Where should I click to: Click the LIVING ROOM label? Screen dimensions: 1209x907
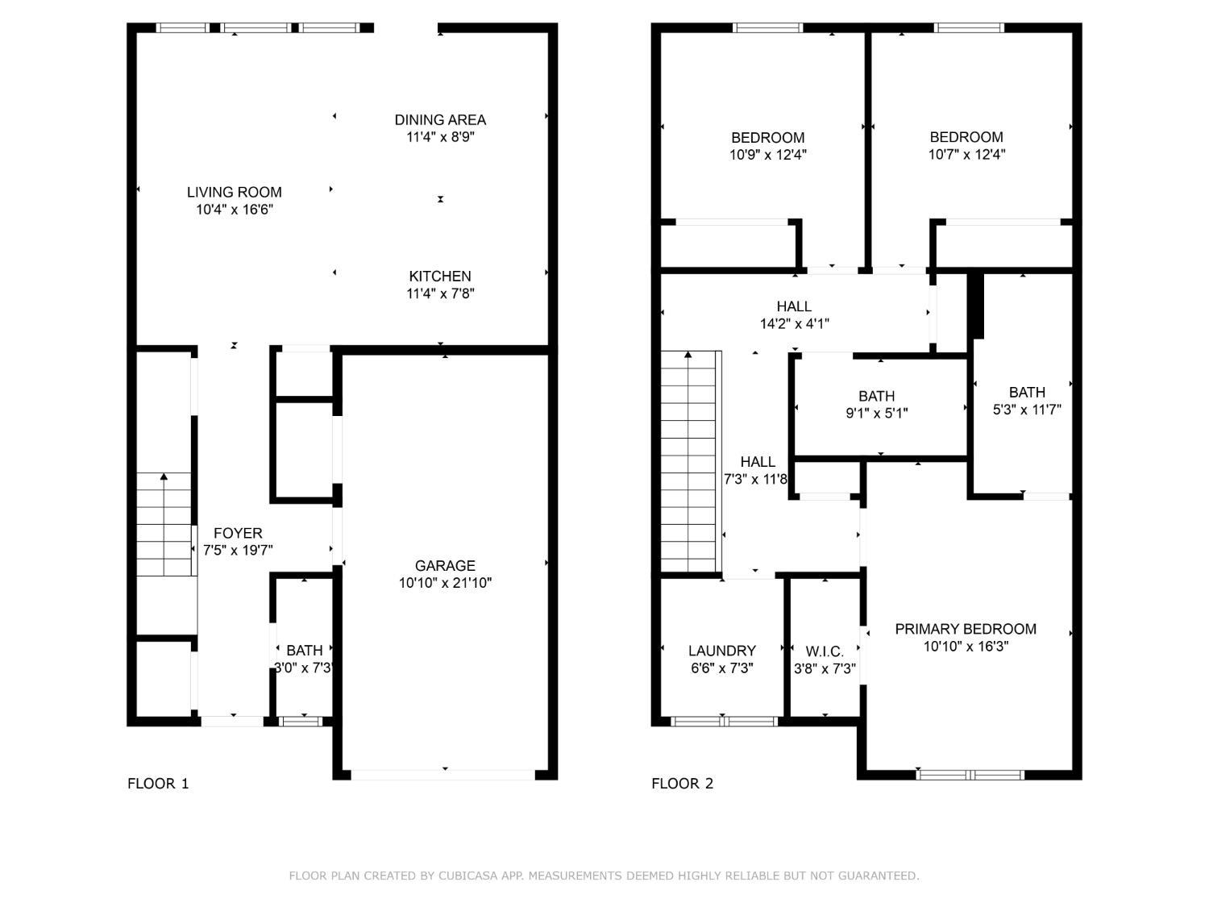tap(234, 192)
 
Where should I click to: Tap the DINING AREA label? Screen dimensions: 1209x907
tap(440, 120)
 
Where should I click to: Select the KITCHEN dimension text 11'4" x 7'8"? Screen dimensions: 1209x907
tap(440, 293)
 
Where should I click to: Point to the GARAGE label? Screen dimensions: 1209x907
tap(445, 566)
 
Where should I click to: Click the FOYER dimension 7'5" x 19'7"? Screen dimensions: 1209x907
tap(238, 550)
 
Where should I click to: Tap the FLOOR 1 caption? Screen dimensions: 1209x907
tap(158, 784)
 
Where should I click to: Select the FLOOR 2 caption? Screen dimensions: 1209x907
tap(683, 784)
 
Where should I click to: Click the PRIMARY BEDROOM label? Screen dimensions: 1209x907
tap(966, 629)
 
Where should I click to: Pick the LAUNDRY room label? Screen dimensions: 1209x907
tap(722, 651)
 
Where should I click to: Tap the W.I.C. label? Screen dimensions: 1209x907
tap(825, 652)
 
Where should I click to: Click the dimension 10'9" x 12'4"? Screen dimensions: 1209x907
tap(768, 155)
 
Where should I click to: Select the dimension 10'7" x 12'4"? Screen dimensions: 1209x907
tap(966, 154)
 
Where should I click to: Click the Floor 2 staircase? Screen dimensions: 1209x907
tap(691, 462)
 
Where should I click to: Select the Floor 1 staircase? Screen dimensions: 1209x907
tap(164, 524)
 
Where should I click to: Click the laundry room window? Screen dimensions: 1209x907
tap(725, 722)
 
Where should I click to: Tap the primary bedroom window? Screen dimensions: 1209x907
tap(970, 775)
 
